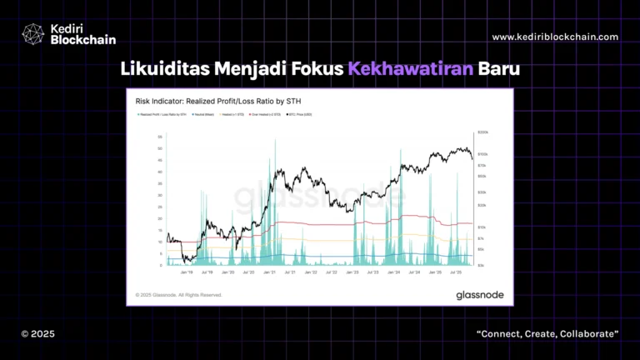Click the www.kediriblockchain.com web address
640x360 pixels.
click(555, 37)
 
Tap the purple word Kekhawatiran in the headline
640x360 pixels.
click(399, 69)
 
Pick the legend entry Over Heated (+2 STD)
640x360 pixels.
click(265, 114)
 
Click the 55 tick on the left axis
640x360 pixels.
click(160, 137)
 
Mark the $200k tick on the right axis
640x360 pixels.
click(481, 132)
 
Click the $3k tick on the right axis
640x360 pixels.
click(481, 266)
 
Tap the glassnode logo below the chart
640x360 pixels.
click(477, 294)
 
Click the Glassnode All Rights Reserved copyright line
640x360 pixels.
click(179, 295)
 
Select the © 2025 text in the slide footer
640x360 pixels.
click(37, 333)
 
